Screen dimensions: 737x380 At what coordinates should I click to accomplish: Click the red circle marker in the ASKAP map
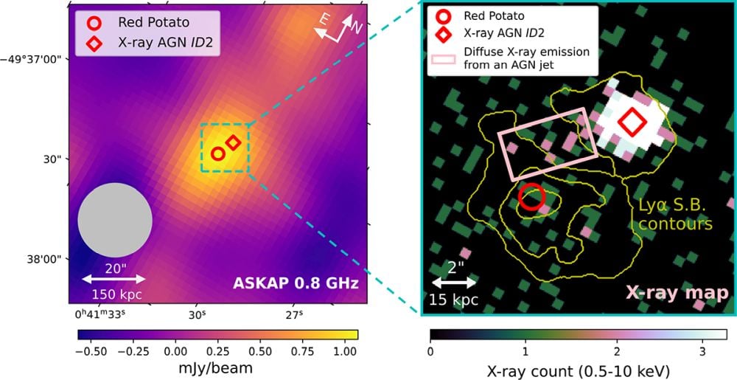(x=217, y=153)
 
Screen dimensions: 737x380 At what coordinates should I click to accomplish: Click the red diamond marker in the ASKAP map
(x=233, y=142)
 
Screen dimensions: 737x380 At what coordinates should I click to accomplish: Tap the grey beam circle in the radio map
(x=115, y=220)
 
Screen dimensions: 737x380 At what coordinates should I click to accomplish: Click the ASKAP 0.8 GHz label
(x=296, y=283)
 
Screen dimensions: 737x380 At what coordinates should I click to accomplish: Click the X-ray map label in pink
(x=677, y=292)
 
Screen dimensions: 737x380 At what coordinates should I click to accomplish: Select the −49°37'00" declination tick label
(x=35, y=59)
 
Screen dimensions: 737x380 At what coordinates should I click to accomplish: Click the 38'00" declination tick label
(x=46, y=259)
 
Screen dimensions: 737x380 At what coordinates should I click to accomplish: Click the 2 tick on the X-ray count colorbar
(x=614, y=351)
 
